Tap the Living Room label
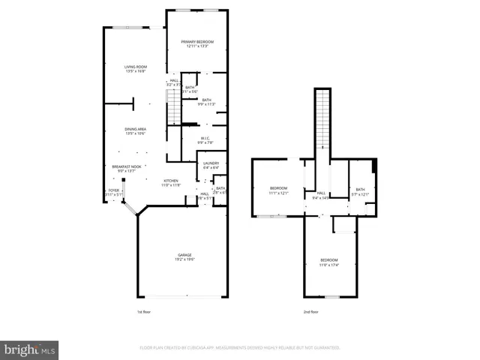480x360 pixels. (136, 67)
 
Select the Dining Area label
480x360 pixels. (135, 130)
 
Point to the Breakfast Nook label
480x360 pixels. (127, 166)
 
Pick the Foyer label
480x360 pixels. (114, 190)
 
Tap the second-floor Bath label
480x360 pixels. (360, 190)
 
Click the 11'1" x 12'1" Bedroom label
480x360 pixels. (278, 187)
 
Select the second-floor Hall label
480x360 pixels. (321, 193)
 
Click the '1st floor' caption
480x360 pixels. (143, 311)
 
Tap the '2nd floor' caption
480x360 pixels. (310, 311)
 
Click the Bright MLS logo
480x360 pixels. (30, 349)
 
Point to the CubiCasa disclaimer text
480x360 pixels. (240, 348)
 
